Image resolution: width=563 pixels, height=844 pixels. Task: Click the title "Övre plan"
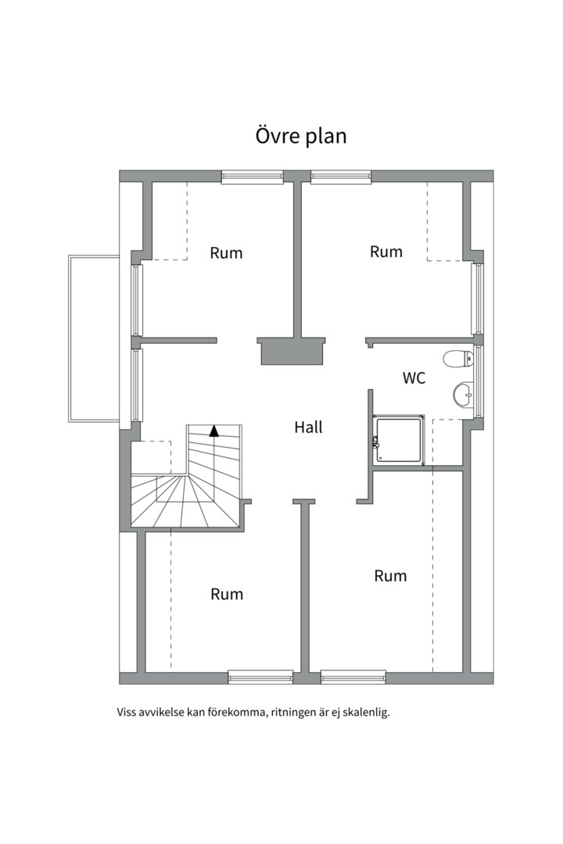300,136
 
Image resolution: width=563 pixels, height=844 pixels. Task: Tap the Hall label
309,427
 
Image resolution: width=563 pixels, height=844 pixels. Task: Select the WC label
414,378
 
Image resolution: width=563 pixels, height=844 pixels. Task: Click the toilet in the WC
458,359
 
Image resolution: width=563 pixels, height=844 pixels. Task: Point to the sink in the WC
463,395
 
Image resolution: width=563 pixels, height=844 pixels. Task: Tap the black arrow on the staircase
214,431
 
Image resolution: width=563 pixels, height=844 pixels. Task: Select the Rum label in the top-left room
226,253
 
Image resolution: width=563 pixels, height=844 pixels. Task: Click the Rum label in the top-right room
386,252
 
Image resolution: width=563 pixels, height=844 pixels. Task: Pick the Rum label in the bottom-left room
227,594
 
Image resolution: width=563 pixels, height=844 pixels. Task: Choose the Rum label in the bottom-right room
391,576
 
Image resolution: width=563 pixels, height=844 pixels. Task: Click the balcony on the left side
94,338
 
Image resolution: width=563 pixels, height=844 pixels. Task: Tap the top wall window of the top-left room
252,177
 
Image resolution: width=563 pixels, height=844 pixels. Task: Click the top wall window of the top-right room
341,177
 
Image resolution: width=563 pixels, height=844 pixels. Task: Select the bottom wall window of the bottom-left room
260,677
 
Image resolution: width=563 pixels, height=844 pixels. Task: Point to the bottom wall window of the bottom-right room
353,677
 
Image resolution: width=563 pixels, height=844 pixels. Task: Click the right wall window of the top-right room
477,299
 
